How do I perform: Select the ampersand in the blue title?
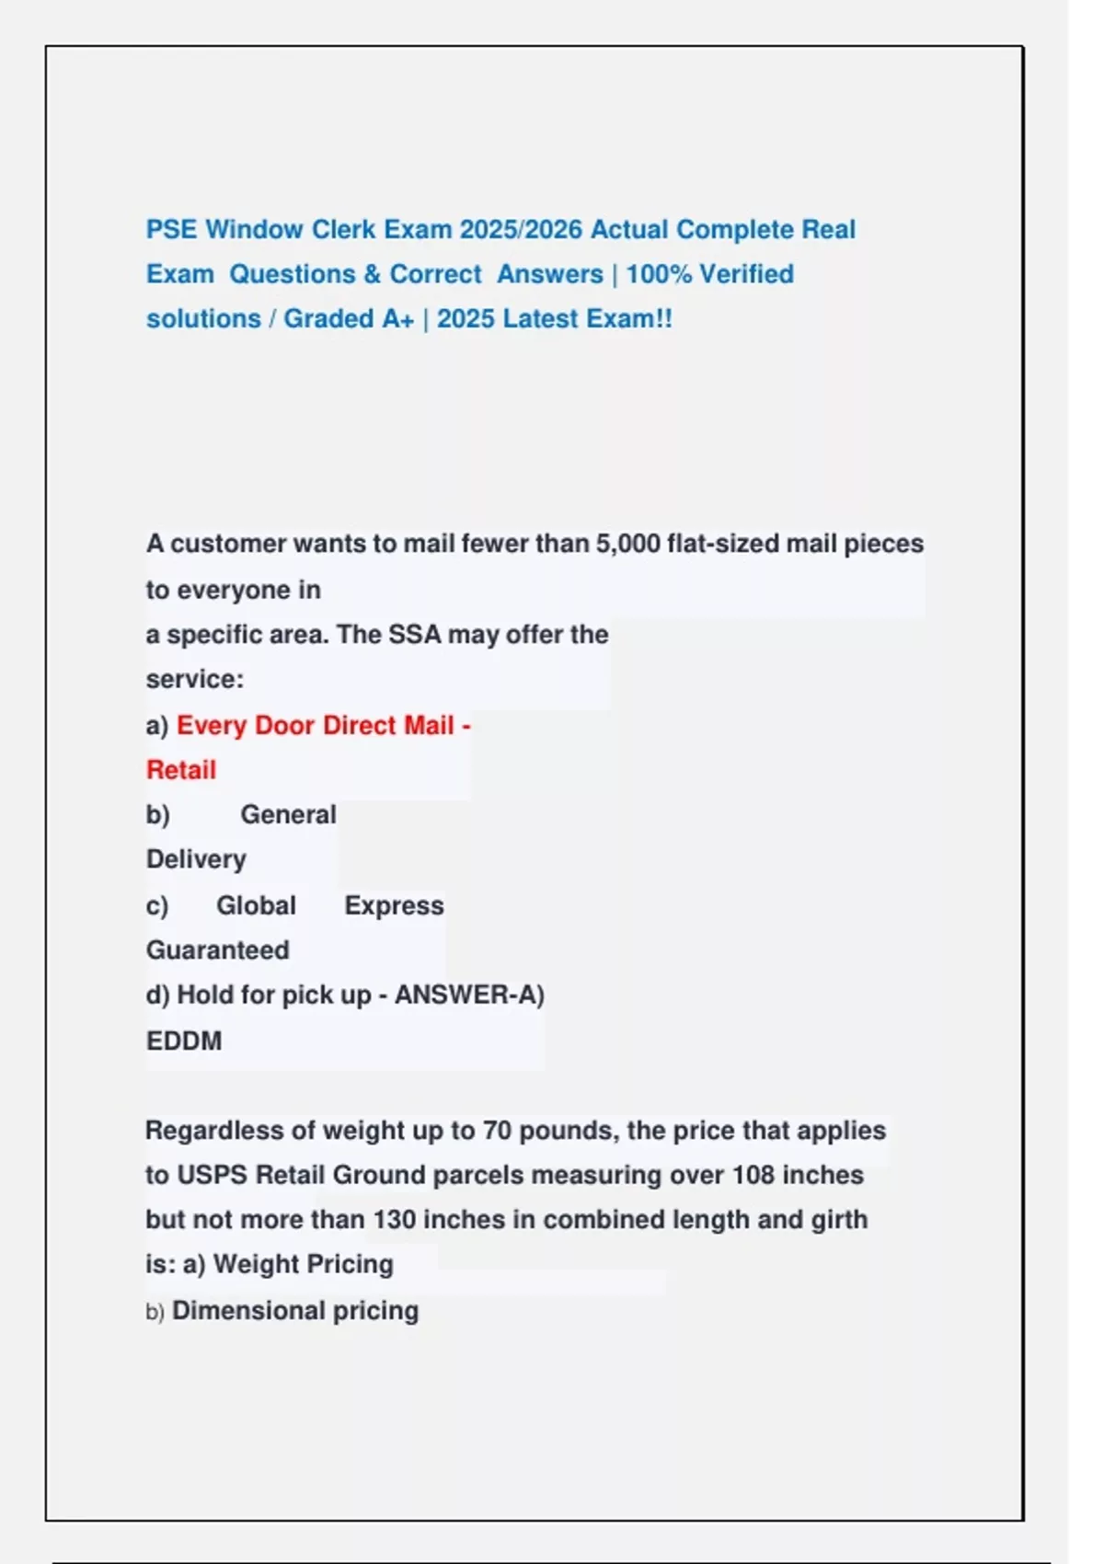[372, 274]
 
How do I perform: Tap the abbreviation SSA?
[415, 635]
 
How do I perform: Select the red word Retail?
[181, 770]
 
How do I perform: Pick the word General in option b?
[288, 815]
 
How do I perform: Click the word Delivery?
[196, 859]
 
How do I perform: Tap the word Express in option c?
[394, 906]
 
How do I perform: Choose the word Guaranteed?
[217, 950]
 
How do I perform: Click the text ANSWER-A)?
[469, 995]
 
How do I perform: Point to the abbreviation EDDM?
[184, 1041]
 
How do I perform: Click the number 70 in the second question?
[497, 1131]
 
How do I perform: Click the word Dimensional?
[248, 1311]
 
